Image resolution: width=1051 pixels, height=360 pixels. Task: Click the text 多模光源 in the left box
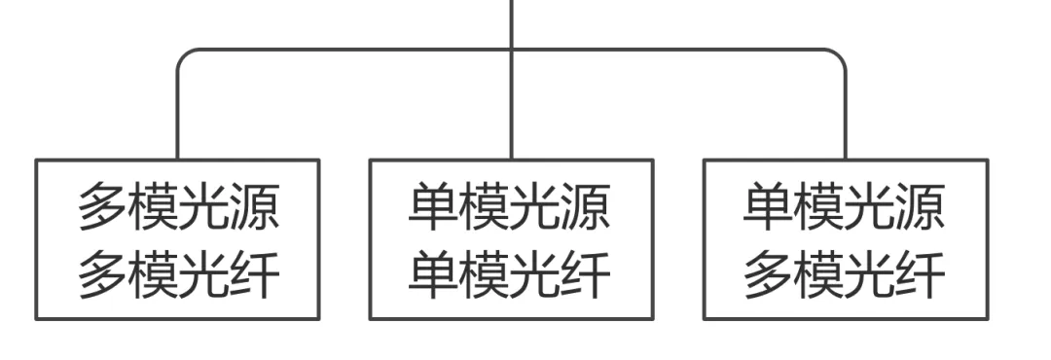pos(178,208)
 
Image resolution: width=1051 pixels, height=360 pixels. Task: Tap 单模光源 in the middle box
pos(511,208)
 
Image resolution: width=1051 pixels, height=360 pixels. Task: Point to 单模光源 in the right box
pos(845,208)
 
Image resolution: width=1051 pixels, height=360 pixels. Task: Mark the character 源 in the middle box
pos(587,208)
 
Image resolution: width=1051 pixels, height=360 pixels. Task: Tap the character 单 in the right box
pos(769,208)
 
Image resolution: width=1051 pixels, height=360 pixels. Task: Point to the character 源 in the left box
pos(255,208)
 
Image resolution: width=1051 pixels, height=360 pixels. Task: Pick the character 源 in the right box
pos(921,208)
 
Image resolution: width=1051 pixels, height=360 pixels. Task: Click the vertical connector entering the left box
pos(178,117)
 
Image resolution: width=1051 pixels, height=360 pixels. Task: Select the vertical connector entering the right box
pos(845,117)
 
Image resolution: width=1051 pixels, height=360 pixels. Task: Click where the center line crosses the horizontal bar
pos(511,50)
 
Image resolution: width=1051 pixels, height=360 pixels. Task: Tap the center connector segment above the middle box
pos(511,107)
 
